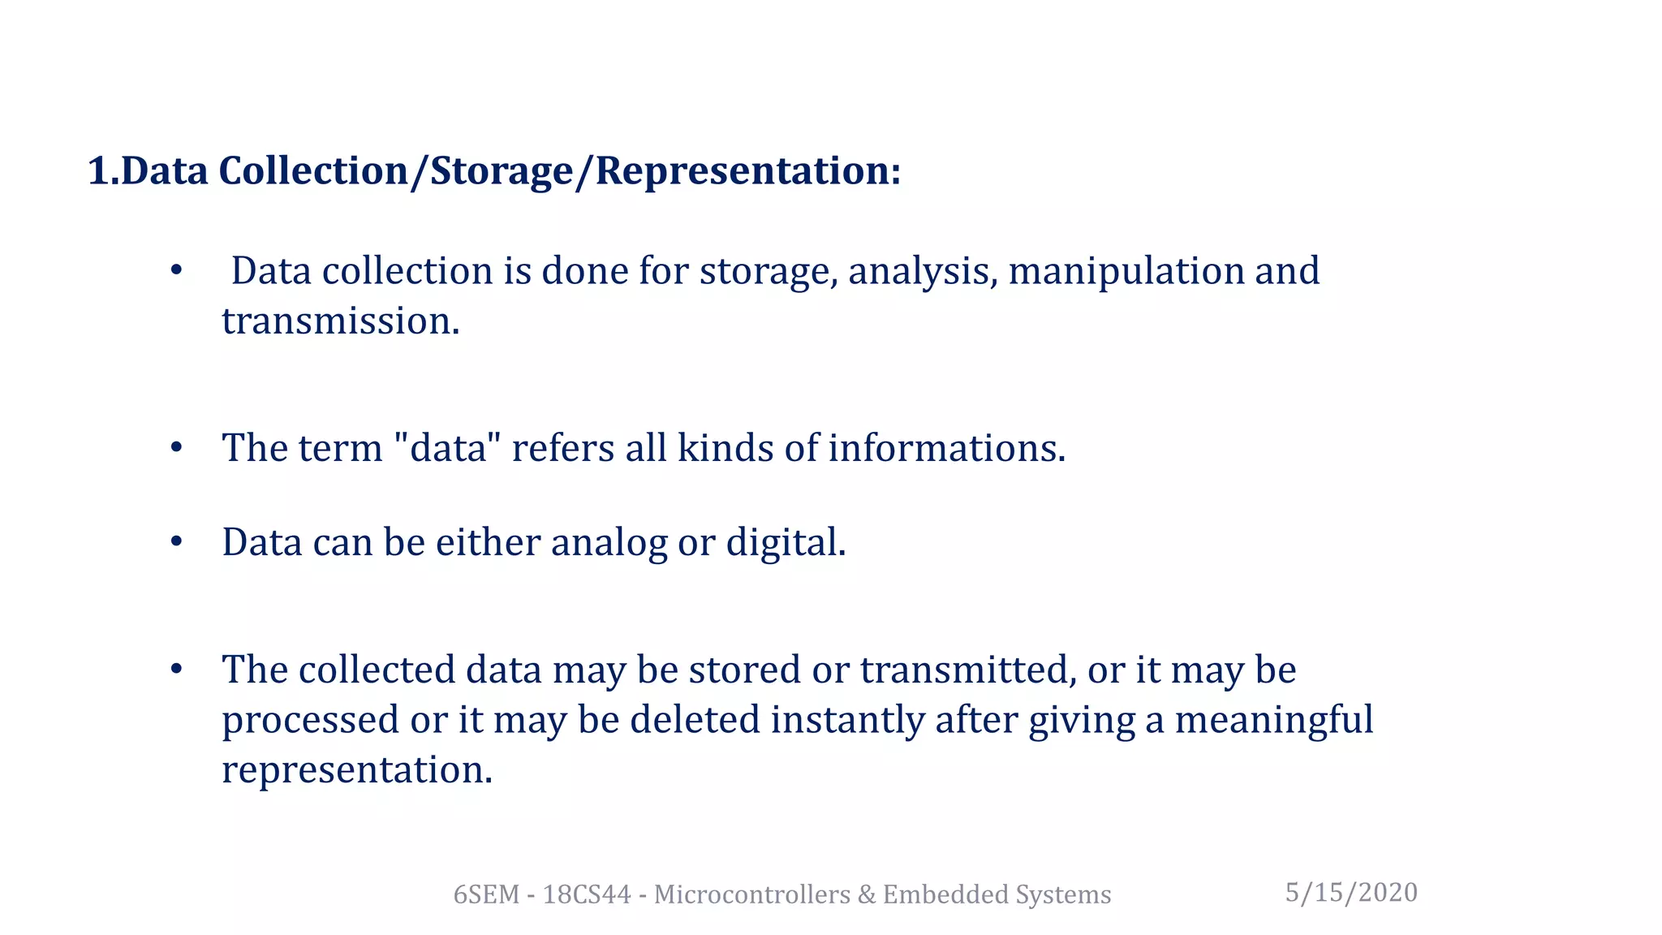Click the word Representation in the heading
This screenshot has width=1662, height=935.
coord(747,171)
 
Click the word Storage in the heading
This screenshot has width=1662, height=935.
coord(500,171)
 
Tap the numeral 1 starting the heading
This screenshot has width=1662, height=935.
coord(97,171)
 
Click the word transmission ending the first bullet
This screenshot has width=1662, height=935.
coord(341,321)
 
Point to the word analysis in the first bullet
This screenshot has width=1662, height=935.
coord(923,272)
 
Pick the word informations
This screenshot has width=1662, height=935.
coord(946,448)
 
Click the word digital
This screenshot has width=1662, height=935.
coord(786,543)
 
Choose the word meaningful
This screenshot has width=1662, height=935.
coord(1274,720)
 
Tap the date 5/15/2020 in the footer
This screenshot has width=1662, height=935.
coord(1351,893)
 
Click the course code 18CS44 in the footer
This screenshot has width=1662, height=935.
coord(587,894)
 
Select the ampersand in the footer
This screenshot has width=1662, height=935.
coord(866,894)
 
